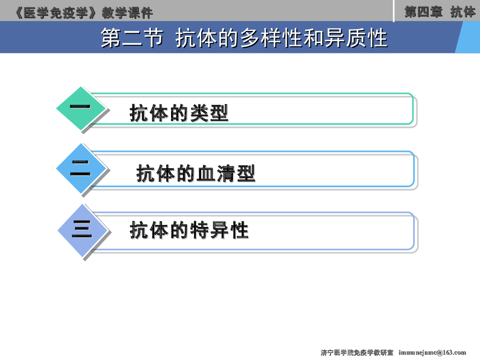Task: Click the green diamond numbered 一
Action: click(80, 108)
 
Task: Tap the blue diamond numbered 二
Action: click(80, 168)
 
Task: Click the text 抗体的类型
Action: click(179, 113)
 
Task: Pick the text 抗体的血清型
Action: click(196, 174)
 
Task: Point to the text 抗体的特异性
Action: click(189, 231)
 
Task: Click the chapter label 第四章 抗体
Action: click(440, 12)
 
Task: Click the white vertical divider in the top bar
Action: click(394, 11)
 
